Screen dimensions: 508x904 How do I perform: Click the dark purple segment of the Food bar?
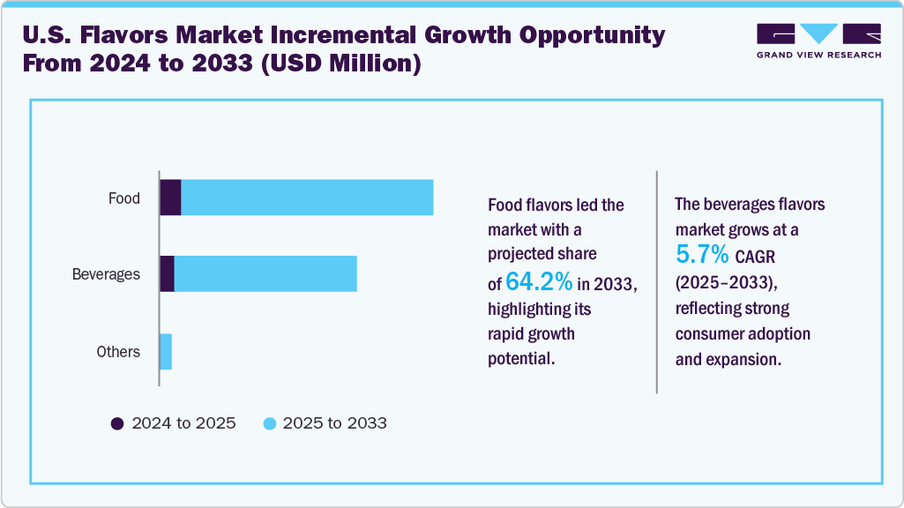170,198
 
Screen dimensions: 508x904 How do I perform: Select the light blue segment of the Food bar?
307,198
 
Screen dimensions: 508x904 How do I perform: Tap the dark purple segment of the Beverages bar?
167,274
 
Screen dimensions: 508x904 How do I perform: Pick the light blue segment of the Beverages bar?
265,274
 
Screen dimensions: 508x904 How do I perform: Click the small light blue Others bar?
166,352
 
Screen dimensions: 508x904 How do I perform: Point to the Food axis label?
124,198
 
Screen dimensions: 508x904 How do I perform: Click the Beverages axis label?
106,274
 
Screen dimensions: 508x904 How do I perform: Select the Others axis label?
118,352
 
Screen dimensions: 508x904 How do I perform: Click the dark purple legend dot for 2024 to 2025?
117,423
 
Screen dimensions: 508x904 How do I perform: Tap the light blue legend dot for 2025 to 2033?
270,423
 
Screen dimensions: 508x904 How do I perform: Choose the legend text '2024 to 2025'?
183,423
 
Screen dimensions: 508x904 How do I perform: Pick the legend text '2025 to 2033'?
335,423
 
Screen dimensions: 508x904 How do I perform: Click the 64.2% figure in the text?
540,282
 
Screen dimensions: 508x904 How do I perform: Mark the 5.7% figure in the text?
702,256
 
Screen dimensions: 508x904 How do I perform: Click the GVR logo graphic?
818,34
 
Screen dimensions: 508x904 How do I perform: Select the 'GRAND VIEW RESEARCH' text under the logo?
818,55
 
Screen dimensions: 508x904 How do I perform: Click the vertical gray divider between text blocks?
657,281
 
